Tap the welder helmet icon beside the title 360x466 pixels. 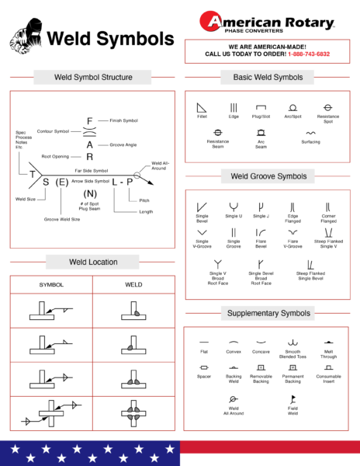pyautogui.click(x=26, y=37)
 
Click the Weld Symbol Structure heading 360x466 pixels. pyautogui.click(x=92, y=78)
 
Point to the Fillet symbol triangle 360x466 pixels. pyautogui.click(x=202, y=106)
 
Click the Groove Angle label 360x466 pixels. pyautogui.click(x=123, y=144)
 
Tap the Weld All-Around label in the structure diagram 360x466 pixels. pyautogui.click(x=160, y=165)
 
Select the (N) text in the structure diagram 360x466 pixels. pyautogui.click(x=90, y=193)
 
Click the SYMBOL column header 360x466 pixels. pyautogui.click(x=51, y=284)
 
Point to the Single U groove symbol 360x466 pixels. pyautogui.click(x=233, y=207)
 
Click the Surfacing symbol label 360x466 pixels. pyautogui.click(x=310, y=141)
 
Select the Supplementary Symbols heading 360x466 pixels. pyautogui.click(x=269, y=313)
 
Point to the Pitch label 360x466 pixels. pyautogui.click(x=144, y=200)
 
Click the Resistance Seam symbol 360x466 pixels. pyautogui.click(x=218, y=132)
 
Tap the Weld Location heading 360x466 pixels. pyautogui.click(x=93, y=262)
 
